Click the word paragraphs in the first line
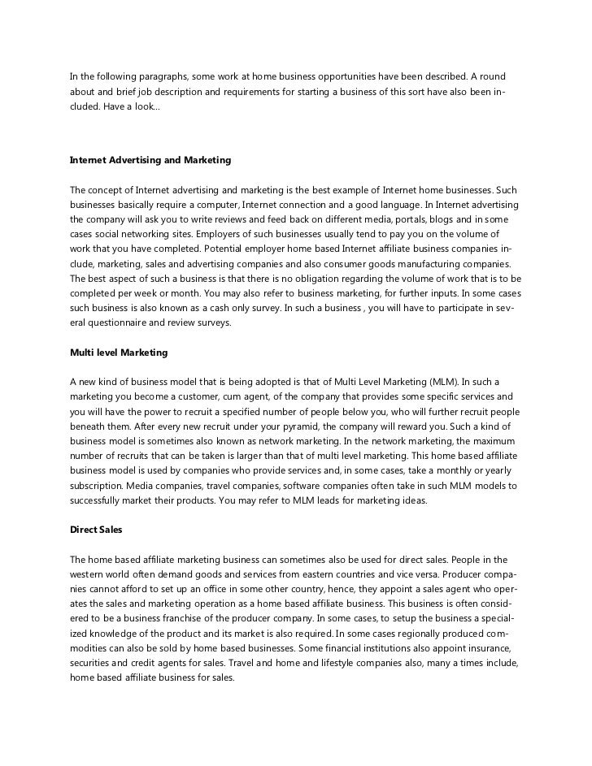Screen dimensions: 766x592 click(x=155, y=76)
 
